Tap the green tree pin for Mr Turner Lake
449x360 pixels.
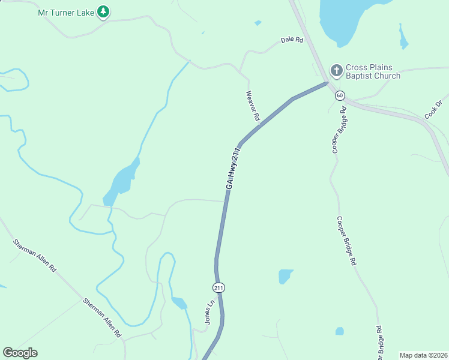103,11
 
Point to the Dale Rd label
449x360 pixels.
292,40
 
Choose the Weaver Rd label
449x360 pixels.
253,106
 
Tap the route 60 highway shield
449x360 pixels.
340,95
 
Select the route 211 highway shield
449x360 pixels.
218,288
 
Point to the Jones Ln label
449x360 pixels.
209,313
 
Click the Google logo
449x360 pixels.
20,353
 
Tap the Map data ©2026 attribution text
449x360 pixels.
423,355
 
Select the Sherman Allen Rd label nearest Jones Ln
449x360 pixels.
103,317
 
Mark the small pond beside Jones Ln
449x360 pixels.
179,302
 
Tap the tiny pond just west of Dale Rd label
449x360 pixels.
258,23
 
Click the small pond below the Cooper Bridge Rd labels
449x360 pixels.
340,331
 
